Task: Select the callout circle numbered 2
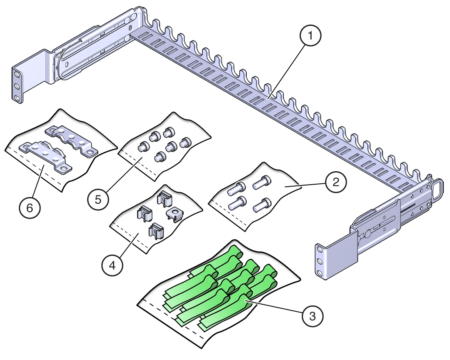pyautogui.click(x=336, y=182)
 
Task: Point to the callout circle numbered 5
pyautogui.click(x=98, y=199)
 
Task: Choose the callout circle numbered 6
pyautogui.click(x=30, y=207)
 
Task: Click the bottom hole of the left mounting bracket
pyautogui.click(x=17, y=98)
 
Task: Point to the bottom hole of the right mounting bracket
pyautogui.click(x=319, y=273)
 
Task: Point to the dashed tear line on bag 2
pyautogui.click(x=225, y=215)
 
